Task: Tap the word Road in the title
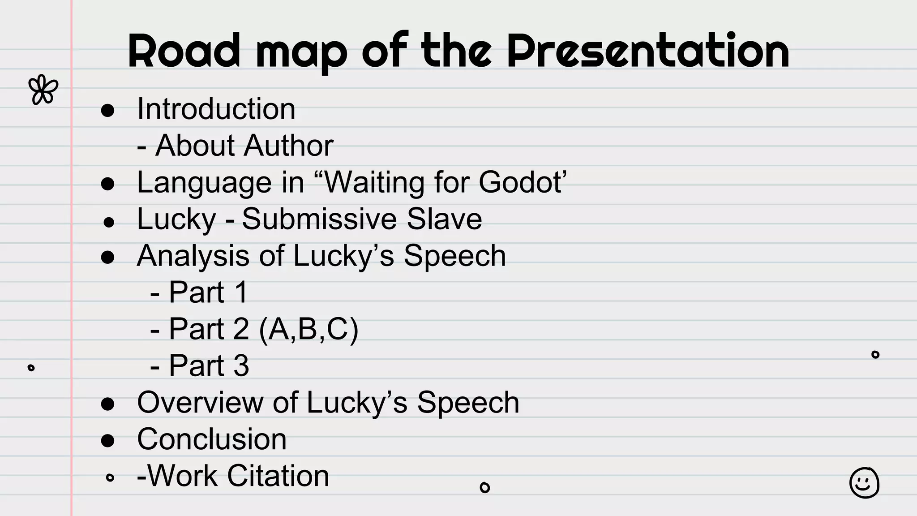(x=184, y=52)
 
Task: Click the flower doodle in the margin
(x=43, y=90)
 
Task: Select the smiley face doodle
(x=864, y=483)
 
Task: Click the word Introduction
(x=216, y=109)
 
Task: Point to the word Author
(x=288, y=146)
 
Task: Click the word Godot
(x=519, y=182)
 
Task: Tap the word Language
(x=204, y=183)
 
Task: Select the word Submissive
(x=319, y=219)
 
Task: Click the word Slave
(x=444, y=219)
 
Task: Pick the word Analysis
(x=193, y=256)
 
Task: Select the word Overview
(x=200, y=402)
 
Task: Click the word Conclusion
(x=212, y=439)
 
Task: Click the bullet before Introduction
(x=107, y=110)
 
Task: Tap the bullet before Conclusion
(x=107, y=440)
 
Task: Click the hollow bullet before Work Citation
(x=110, y=477)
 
